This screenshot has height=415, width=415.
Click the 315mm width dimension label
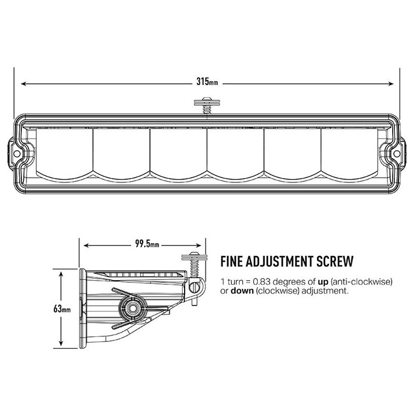click(x=207, y=81)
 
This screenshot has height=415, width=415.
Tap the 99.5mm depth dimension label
click(x=147, y=244)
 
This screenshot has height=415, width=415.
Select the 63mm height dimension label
click(x=62, y=309)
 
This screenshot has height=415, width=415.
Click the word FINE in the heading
click(x=231, y=261)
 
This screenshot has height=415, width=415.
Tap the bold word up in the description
click(x=323, y=282)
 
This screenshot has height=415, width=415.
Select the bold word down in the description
click(x=242, y=291)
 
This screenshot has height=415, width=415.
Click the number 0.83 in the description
click(x=261, y=281)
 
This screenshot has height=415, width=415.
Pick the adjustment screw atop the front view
click(x=206, y=105)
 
